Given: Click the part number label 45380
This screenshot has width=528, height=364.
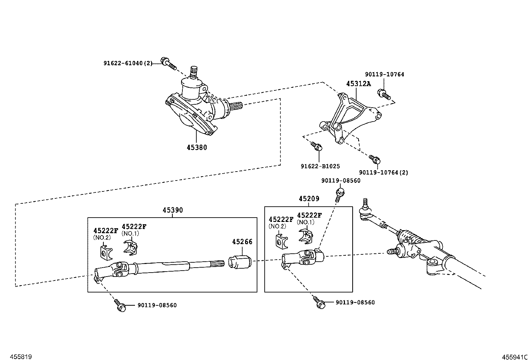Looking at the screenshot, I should coord(197,148).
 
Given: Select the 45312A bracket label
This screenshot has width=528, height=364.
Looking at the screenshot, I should coord(358,84).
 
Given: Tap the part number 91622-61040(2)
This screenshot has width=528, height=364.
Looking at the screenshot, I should coord(127,63).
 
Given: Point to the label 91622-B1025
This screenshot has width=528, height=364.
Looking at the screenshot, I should coord(320,167).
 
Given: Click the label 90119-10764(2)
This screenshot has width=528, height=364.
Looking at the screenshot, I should coord(383,173).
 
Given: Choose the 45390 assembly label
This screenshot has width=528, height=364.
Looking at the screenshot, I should coord(172,210).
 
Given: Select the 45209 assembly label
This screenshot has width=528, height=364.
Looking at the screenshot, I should coord(308,199).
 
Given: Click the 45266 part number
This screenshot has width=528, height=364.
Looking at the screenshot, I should coord(242,242).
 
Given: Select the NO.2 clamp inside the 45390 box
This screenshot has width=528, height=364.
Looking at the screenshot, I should coord(105,252).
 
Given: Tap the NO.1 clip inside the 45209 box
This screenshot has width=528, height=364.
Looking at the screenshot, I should coord(306,236).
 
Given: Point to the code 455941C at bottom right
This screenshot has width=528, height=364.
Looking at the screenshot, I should coord(514,357).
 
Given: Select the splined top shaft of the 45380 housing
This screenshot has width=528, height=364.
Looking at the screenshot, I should coord(194,71).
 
